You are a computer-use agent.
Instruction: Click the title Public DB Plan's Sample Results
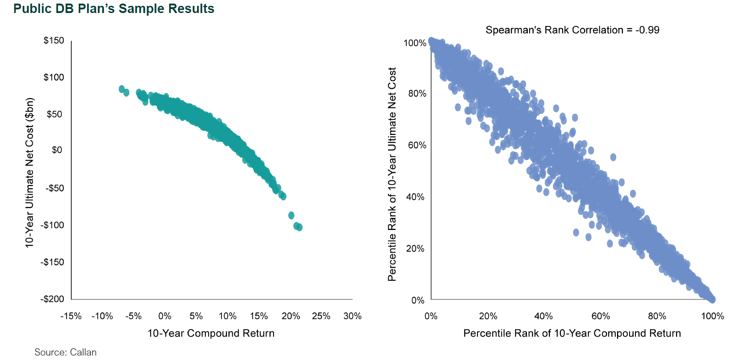click(114, 9)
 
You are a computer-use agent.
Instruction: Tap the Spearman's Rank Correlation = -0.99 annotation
click(572, 30)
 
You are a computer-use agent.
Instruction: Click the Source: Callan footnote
click(65, 352)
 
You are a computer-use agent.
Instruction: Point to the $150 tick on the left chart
click(54, 40)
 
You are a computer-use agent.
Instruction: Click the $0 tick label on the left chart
click(57, 150)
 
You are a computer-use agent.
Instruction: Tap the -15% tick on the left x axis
click(71, 316)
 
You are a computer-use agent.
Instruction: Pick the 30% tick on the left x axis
click(352, 316)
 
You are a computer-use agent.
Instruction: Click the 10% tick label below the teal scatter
click(227, 316)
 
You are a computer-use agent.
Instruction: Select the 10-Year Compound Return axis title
click(211, 333)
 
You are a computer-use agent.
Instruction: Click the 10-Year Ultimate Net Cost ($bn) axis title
click(30, 173)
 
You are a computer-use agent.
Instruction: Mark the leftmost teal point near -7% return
click(122, 89)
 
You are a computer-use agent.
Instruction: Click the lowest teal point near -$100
click(300, 227)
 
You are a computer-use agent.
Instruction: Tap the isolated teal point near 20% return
click(291, 215)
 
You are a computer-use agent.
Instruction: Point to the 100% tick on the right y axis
click(415, 43)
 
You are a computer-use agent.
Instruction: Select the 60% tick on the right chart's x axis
click(600, 316)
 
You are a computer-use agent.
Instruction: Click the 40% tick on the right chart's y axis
click(415, 197)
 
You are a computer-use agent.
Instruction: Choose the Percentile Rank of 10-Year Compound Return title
click(572, 333)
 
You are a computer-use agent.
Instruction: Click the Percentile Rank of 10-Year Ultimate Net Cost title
click(392, 174)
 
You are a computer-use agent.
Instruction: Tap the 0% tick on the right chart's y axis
click(417, 300)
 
